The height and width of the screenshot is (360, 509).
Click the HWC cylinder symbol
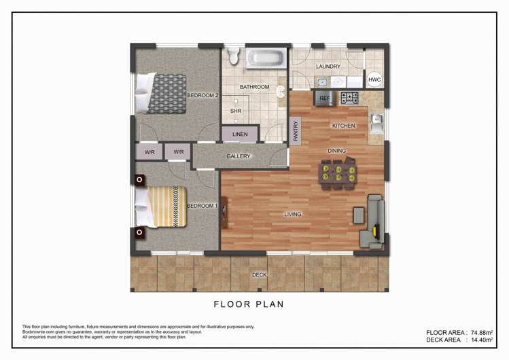[374, 80]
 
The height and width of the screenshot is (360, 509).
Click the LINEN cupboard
[240, 134]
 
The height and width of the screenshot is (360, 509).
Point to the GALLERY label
[239, 156]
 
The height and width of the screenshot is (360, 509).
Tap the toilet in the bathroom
[234, 54]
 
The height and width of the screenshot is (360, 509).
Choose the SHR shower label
[235, 111]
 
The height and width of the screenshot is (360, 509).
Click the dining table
[338, 173]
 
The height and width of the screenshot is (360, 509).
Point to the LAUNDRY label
[328, 67]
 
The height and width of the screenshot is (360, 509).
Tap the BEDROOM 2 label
[203, 95]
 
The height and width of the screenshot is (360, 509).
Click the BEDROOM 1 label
[202, 206]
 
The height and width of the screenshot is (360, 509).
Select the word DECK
[259, 275]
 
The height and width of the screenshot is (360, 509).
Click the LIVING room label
[292, 215]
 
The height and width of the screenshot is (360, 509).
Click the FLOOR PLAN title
[249, 304]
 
